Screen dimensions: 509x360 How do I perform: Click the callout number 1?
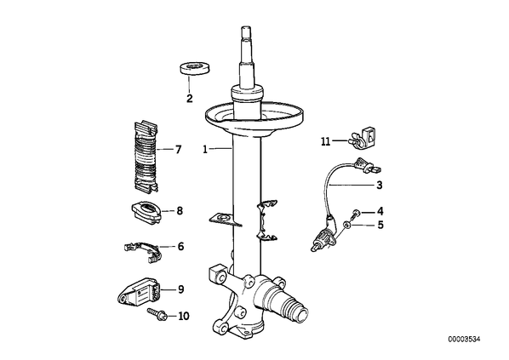205,150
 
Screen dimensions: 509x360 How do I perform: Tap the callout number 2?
190,98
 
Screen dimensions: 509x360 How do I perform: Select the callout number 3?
380,185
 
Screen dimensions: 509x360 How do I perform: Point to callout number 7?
178,150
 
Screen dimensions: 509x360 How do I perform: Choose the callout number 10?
184,316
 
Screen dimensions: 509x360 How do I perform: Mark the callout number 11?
325,141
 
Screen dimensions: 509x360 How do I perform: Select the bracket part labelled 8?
146,213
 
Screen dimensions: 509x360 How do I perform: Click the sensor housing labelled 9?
138,292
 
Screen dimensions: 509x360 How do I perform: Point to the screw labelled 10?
157,314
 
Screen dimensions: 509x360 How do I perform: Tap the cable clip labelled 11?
363,138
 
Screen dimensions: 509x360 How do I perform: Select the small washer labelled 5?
347,225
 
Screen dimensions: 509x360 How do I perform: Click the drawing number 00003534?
464,340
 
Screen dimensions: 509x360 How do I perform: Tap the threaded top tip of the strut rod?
246,31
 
